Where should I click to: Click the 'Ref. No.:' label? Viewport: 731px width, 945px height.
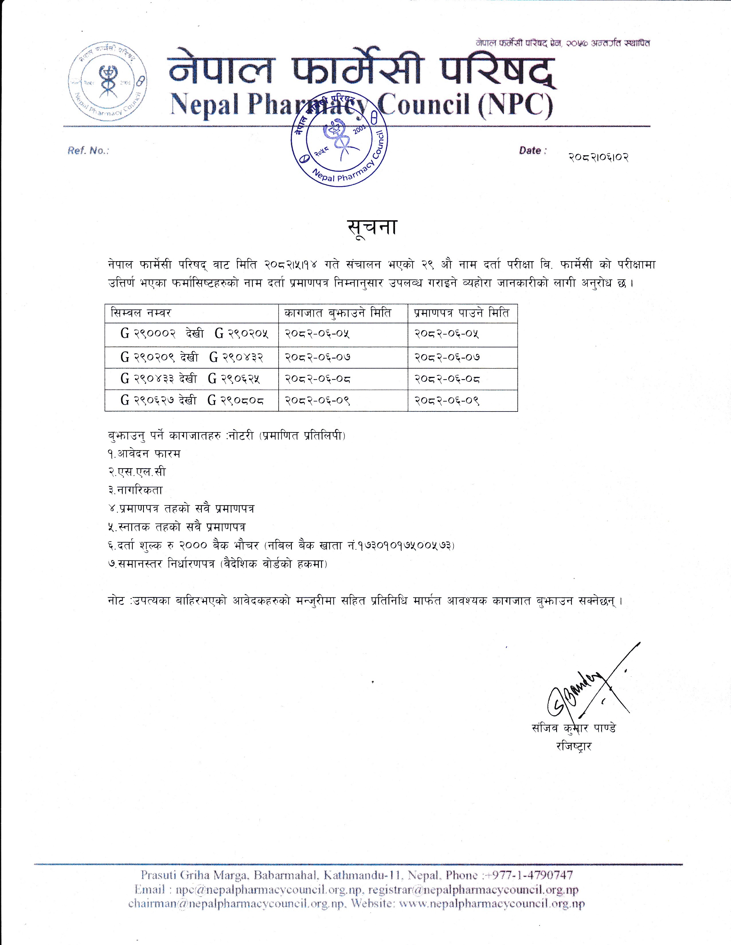tap(88, 151)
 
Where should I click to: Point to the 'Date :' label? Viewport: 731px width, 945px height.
tap(533, 151)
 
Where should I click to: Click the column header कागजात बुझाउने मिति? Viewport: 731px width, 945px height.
tap(338, 313)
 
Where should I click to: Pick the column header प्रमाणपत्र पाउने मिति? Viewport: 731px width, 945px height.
tap(462, 313)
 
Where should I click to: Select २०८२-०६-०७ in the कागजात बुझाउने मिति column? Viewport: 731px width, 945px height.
tap(317, 357)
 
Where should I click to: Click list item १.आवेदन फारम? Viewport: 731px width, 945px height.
tap(144, 454)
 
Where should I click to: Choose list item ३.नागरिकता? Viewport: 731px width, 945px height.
tap(136, 490)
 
